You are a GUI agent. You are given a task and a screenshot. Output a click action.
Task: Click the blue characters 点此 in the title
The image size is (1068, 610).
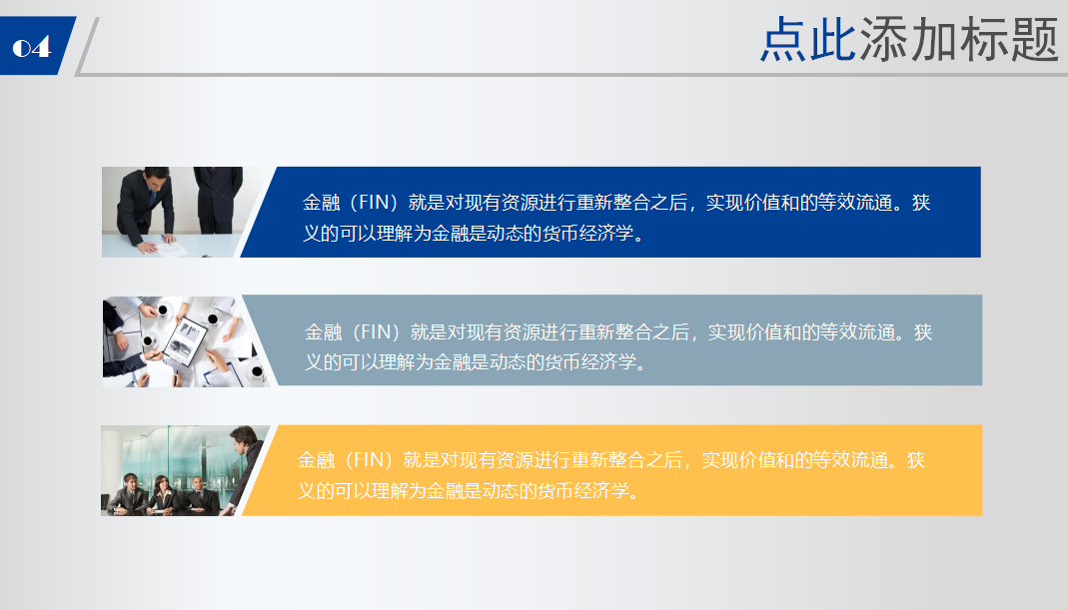point(808,40)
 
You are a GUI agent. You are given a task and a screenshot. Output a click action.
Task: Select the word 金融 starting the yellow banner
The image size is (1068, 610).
point(316,459)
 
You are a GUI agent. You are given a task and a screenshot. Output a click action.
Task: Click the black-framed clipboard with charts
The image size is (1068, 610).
point(187,340)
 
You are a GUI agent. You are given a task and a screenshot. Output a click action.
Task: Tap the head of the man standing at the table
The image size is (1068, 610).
point(243,439)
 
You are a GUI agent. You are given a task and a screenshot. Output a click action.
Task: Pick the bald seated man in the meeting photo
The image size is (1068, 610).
point(198,494)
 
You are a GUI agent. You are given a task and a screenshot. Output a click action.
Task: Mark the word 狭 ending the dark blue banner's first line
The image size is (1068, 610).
point(921,203)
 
